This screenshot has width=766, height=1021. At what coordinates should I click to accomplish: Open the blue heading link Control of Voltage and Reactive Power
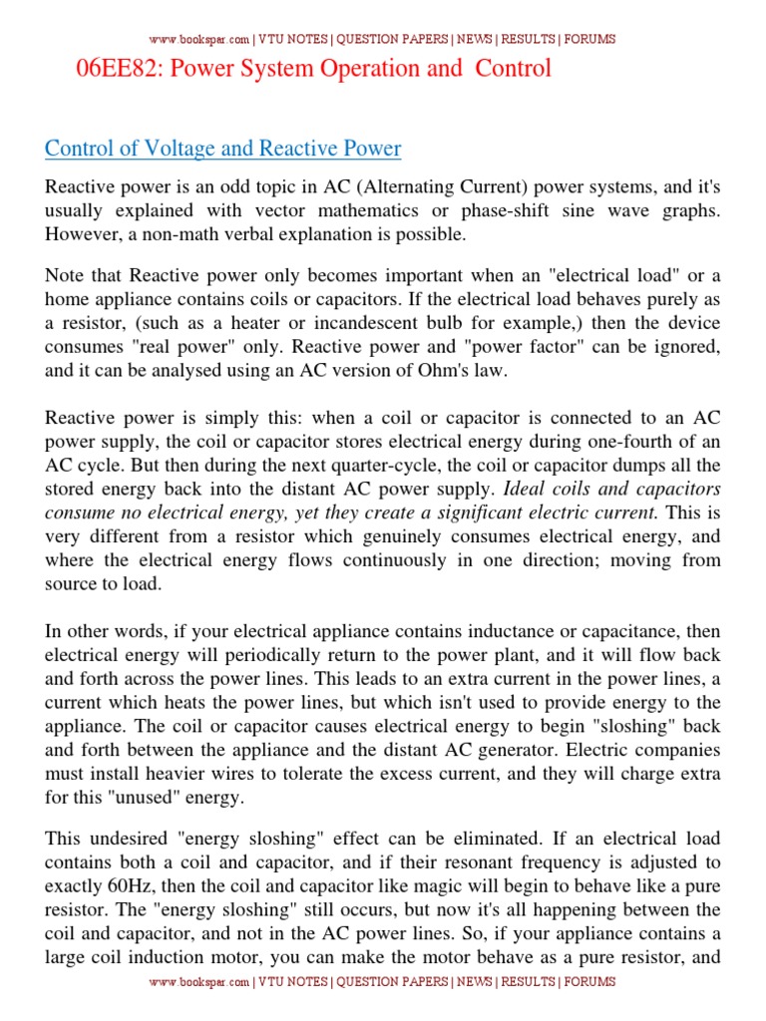click(222, 149)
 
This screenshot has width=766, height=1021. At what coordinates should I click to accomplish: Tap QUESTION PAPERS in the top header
click(391, 39)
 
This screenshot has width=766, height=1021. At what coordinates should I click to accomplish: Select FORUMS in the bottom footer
click(589, 981)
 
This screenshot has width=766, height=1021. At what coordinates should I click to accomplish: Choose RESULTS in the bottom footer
click(529, 981)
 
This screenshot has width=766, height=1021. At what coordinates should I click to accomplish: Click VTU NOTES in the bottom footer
click(293, 981)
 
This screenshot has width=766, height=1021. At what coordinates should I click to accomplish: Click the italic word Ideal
click(527, 490)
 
